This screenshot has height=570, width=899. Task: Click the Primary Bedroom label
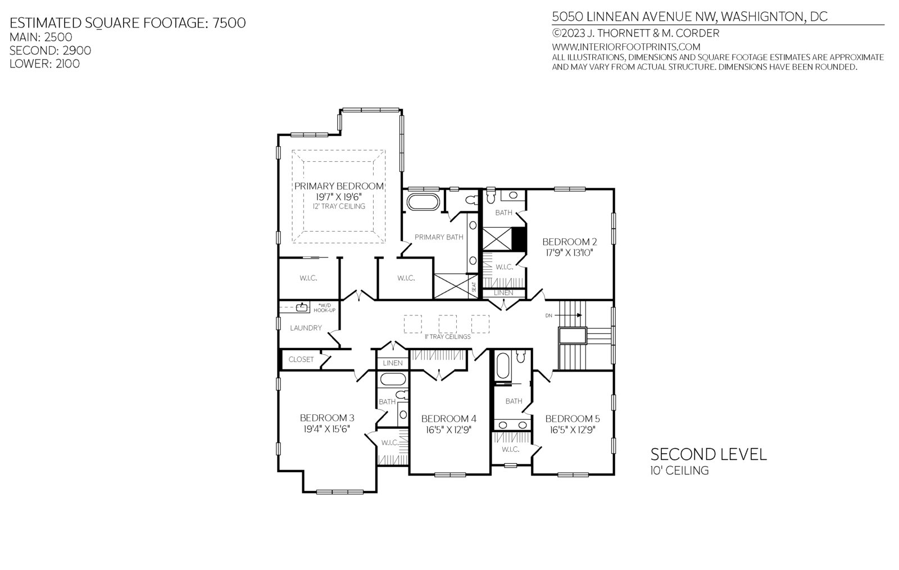click(339, 186)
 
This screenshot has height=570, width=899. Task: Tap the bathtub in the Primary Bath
click(423, 202)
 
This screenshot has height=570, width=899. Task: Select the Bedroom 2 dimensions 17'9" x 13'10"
click(570, 253)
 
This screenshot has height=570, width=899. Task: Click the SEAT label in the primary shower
click(474, 287)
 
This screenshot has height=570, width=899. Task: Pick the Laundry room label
click(306, 328)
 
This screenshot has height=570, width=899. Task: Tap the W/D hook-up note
click(324, 308)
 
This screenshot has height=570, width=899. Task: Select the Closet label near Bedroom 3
click(301, 359)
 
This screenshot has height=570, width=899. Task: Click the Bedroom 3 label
click(327, 418)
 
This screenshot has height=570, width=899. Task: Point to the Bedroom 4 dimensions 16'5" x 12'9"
click(448, 430)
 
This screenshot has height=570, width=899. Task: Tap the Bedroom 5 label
click(573, 419)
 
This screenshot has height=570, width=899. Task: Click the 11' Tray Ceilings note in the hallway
click(447, 337)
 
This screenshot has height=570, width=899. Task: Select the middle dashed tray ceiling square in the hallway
click(447, 324)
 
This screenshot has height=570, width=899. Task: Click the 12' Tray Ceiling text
click(339, 206)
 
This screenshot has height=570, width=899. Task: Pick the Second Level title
click(709, 454)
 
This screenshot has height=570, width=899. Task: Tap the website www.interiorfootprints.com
click(626, 47)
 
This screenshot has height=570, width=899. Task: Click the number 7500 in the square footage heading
click(229, 23)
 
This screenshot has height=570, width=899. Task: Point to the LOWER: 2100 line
click(44, 64)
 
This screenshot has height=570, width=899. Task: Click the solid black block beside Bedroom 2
click(519, 239)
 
